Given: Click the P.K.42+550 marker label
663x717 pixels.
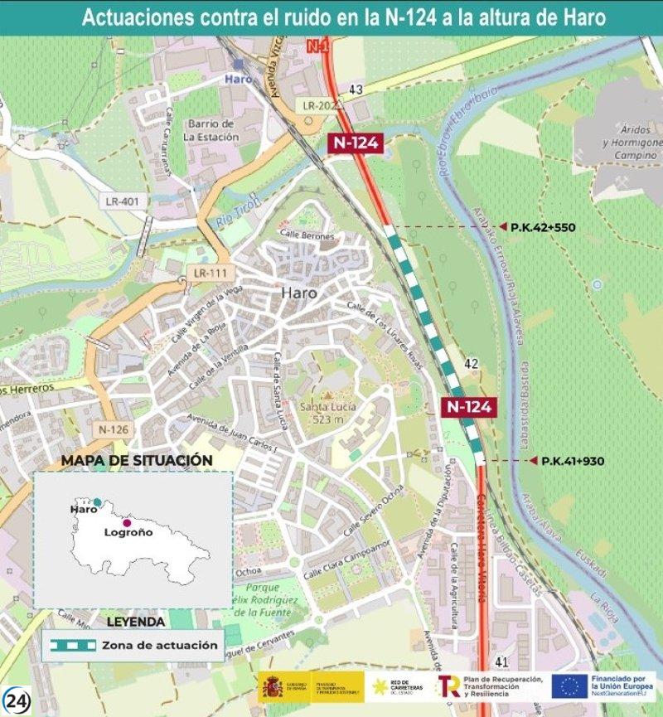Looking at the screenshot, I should (544, 227).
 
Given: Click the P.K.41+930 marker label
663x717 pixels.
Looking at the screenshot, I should (572, 460).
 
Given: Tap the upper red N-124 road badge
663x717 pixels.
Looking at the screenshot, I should (356, 143).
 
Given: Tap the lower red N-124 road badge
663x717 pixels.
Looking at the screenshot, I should (469, 406).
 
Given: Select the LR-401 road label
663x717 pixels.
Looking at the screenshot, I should (123, 201).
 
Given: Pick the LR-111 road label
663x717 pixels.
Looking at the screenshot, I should (212, 272).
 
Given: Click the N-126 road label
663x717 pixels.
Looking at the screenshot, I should (114, 429).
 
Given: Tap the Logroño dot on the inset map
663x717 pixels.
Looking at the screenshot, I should (127, 522).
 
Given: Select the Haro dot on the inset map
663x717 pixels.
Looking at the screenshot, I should (97, 501).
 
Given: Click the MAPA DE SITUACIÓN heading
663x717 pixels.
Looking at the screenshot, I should (137, 460).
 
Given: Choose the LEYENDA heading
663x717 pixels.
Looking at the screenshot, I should (136, 621).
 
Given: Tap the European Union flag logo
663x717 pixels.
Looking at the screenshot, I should (569, 686).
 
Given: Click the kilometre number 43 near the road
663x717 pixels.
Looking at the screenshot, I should (356, 90).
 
